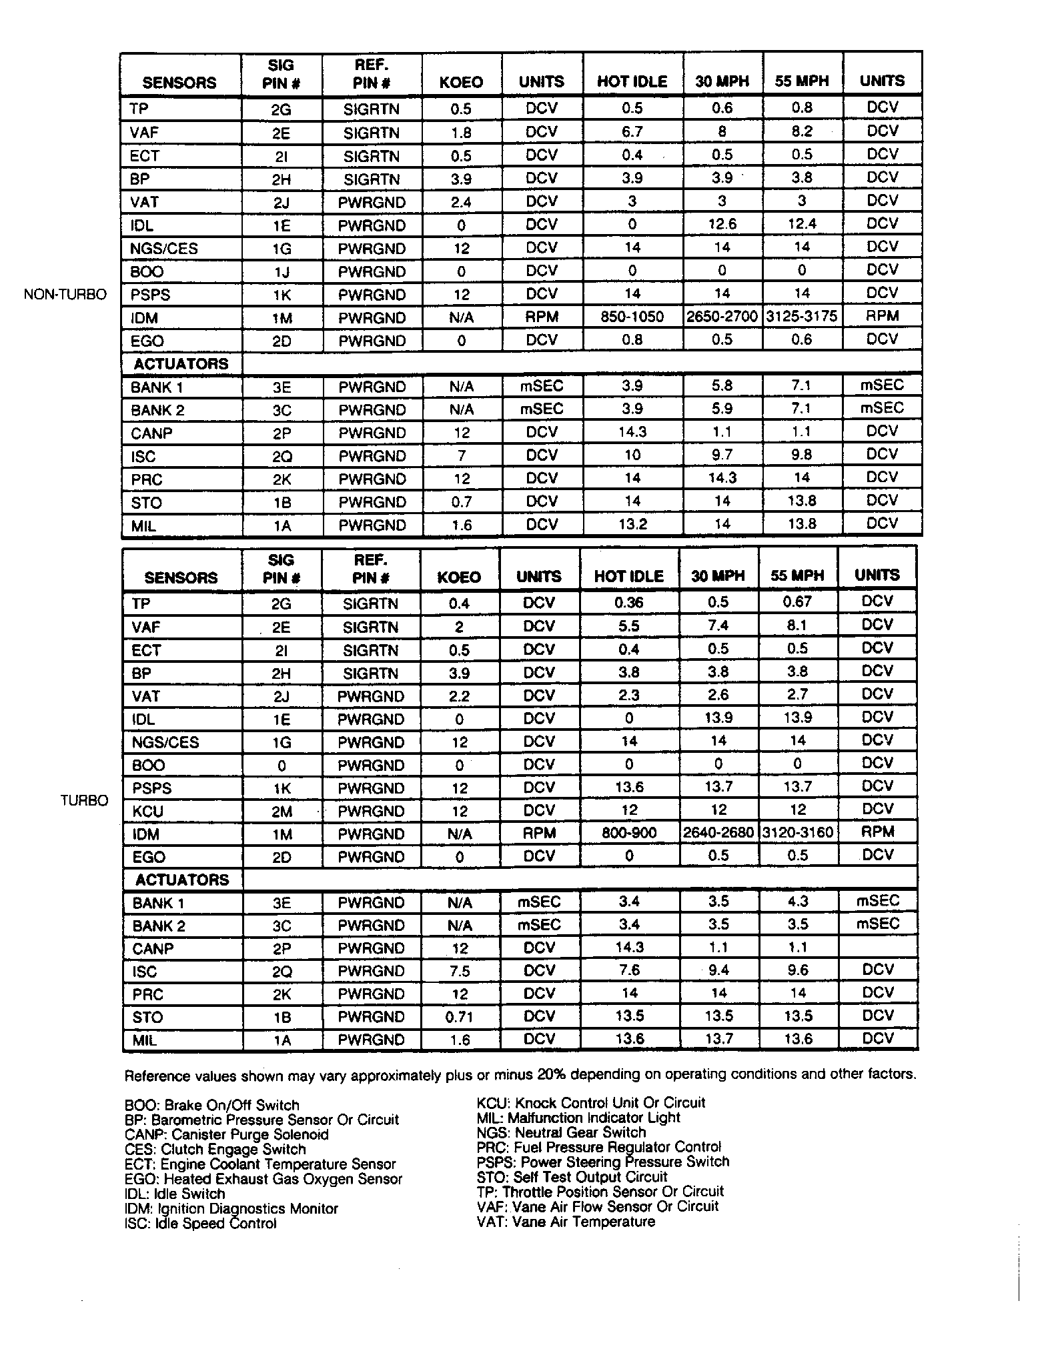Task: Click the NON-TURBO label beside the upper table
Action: [x=65, y=295]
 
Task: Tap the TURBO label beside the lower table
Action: [x=84, y=800]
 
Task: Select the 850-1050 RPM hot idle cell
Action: [x=632, y=317]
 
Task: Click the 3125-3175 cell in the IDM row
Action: [x=801, y=316]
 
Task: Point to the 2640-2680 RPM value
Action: [x=718, y=833]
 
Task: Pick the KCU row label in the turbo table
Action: [x=147, y=811]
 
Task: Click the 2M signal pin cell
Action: [x=282, y=811]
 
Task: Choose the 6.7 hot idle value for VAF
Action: [x=632, y=131]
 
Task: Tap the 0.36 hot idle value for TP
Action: [x=629, y=602]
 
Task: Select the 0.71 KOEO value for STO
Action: [x=459, y=1017]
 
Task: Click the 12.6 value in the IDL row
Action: [x=722, y=224]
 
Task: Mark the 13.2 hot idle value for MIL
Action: [x=632, y=524]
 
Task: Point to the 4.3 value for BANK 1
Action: [x=798, y=902]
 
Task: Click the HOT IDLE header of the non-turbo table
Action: [x=632, y=81]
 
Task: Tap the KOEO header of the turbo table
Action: [x=459, y=577]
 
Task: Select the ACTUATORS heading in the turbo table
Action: [x=181, y=880]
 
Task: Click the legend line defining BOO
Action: [x=212, y=1105]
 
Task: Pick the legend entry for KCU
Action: [x=590, y=1102]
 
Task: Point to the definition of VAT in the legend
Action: [x=566, y=1221]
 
